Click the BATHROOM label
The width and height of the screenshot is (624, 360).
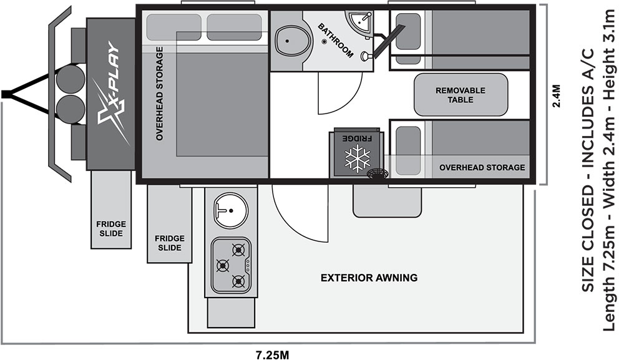(336, 41)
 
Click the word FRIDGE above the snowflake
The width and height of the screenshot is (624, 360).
(358, 139)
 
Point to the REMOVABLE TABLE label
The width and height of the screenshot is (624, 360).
(461, 95)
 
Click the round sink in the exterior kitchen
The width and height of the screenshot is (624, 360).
(230, 210)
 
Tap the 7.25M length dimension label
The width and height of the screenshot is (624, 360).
(272, 354)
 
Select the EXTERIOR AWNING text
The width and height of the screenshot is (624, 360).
(369, 278)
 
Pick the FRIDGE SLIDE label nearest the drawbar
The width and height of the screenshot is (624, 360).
(111, 229)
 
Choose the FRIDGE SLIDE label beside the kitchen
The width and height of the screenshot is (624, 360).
(170, 243)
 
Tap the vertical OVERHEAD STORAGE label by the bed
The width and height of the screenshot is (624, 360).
(160, 94)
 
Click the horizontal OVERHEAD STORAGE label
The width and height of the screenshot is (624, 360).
(482, 167)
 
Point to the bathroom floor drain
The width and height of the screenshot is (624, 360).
(324, 41)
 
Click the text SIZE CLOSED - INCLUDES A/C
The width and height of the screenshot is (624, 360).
(588, 170)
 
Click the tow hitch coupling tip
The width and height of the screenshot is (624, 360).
(6, 95)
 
